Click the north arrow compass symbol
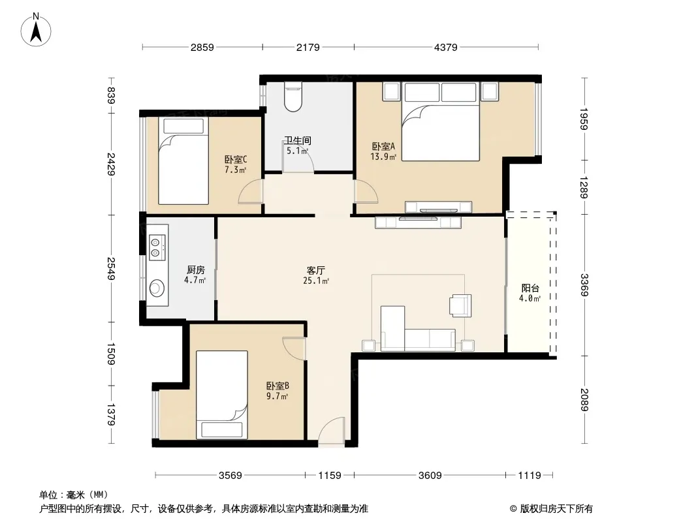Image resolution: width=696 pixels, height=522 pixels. [x=36, y=29]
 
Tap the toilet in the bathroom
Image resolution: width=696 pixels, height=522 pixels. [x=293, y=96]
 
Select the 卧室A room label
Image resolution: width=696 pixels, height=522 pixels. [x=383, y=146]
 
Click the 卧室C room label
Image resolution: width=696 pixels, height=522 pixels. [x=236, y=160]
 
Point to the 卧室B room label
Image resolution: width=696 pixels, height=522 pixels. [x=277, y=386]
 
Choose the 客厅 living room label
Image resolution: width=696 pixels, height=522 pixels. [x=316, y=271]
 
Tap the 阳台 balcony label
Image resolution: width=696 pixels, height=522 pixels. [x=530, y=288]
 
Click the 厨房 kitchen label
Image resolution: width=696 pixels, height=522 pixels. [x=195, y=269]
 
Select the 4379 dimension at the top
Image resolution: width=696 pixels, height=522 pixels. [x=446, y=47]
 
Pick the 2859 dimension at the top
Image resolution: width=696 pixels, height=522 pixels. [x=202, y=47]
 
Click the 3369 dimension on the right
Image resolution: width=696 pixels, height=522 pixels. [x=584, y=285]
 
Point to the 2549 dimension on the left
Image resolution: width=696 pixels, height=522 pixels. [x=111, y=269]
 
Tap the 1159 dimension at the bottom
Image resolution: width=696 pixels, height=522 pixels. [x=330, y=476]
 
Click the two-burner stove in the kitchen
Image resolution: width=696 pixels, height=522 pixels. [x=155, y=248]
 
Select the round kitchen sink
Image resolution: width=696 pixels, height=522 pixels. [x=157, y=288]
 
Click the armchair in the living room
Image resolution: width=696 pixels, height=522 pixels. [x=460, y=305]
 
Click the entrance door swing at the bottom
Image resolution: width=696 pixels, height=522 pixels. [x=332, y=430]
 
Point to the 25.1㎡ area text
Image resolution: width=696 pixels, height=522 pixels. [x=316, y=281]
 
